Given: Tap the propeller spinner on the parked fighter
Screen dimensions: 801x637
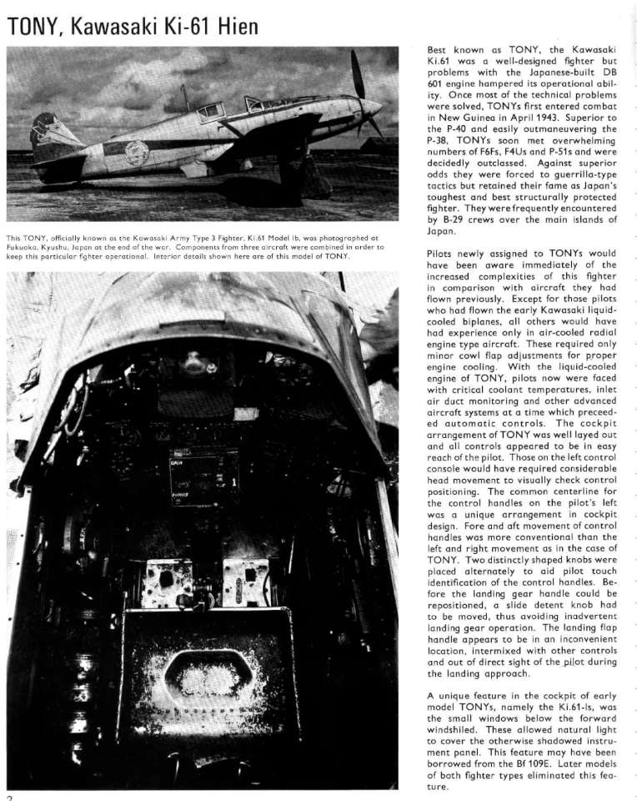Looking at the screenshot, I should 373,107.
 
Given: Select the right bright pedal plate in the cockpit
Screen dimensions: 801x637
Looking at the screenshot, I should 246,581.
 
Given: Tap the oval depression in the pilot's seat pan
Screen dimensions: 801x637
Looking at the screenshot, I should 205,676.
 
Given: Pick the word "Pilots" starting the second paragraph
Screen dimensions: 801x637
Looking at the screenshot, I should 442,253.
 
